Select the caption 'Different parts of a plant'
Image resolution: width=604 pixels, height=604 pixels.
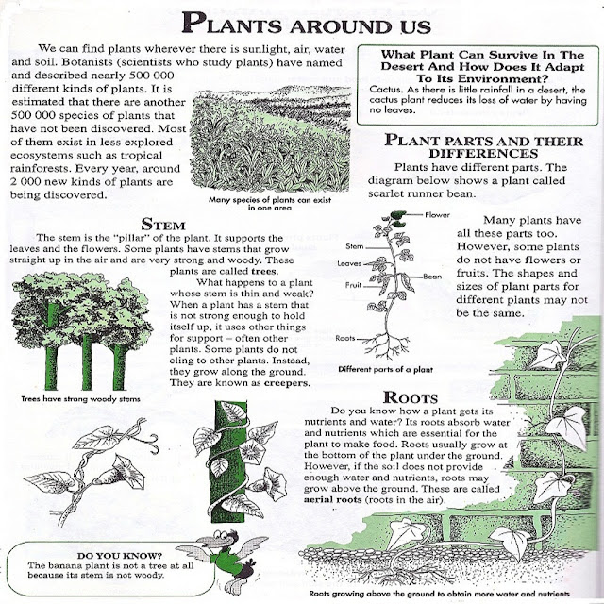coord(380,371)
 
